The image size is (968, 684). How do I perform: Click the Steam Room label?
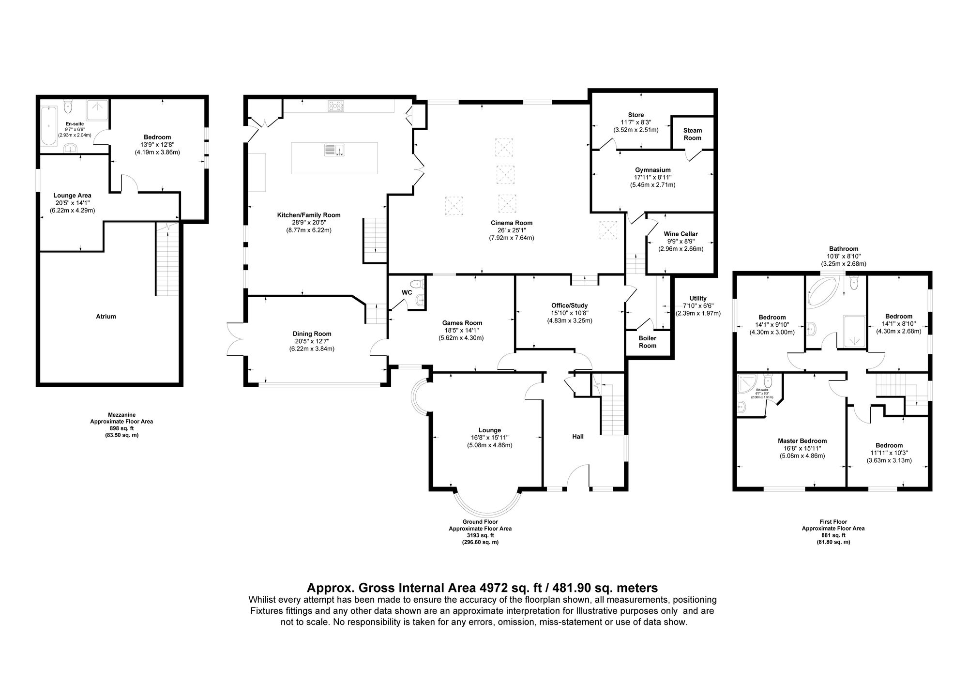coord(692,134)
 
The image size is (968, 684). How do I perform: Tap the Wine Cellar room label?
coord(681,234)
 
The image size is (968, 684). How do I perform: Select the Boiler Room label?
coord(647,342)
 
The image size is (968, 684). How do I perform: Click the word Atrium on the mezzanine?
coord(106,317)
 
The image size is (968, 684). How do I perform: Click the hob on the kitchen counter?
coord(335,106)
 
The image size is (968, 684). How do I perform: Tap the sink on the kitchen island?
coord(334,150)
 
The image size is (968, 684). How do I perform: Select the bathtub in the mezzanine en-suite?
coord(49,127)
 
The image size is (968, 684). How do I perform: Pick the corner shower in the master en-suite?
coord(746,385)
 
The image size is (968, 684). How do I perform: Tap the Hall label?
coord(578,437)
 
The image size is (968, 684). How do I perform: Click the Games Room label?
coord(462,323)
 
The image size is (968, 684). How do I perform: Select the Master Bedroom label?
coord(802,441)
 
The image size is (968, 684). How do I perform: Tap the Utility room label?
coord(698,298)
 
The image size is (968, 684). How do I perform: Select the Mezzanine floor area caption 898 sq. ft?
coord(121,428)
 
